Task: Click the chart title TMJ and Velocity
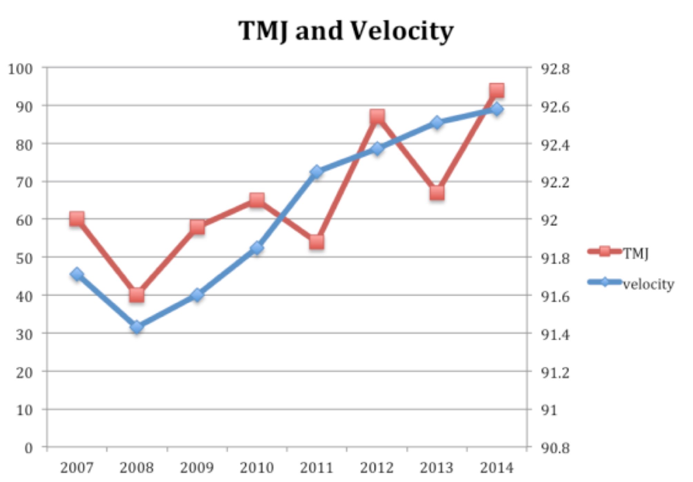[346, 31]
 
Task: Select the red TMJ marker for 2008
[137, 295]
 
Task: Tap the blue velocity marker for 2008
[137, 327]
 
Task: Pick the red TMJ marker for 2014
[497, 91]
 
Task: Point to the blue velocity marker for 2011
[317, 171]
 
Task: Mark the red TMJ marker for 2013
[437, 193]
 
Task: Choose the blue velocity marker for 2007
[77, 274]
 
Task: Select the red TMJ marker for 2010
[257, 200]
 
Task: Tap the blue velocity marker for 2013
[437, 122]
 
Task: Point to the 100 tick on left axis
[21, 69]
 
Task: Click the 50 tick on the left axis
[24, 259]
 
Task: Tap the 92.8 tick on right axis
[555, 69]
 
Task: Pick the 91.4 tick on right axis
[555, 334]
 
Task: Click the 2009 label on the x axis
[197, 468]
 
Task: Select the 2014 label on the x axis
[497, 468]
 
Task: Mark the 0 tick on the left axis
[29, 448]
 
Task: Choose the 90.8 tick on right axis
[555, 448]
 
